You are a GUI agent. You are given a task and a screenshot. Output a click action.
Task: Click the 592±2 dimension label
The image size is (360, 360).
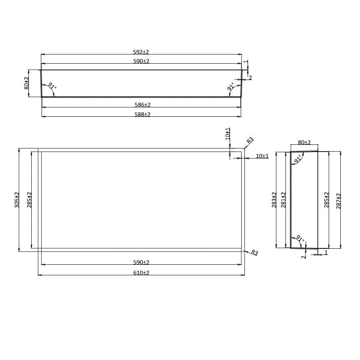[x=141, y=52]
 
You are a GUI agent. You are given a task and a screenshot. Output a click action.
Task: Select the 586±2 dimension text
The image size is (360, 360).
[x=142, y=105]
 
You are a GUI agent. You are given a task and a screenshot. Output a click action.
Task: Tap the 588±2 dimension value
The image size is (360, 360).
[x=142, y=114]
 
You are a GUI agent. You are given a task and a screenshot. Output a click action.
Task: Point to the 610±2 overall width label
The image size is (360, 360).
[x=141, y=273]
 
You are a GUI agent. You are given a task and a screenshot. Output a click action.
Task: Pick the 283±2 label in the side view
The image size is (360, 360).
[x=274, y=200]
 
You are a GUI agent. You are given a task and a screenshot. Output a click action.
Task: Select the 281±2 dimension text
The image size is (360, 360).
[x=284, y=200]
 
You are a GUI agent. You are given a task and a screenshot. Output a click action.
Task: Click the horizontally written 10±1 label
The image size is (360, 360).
[x=262, y=156]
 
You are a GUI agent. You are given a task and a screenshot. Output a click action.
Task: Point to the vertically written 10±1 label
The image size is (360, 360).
[x=228, y=133]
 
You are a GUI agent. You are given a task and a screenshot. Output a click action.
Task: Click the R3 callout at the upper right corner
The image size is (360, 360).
[x=250, y=140]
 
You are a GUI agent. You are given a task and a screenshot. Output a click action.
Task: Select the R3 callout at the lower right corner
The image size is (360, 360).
[x=255, y=253]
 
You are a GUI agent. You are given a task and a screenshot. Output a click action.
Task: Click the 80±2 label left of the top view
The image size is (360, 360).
[x=26, y=83]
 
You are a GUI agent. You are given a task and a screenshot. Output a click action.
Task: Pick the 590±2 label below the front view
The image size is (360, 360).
[x=141, y=262]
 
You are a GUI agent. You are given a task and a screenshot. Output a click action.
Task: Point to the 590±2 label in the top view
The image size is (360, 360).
[x=141, y=61]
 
